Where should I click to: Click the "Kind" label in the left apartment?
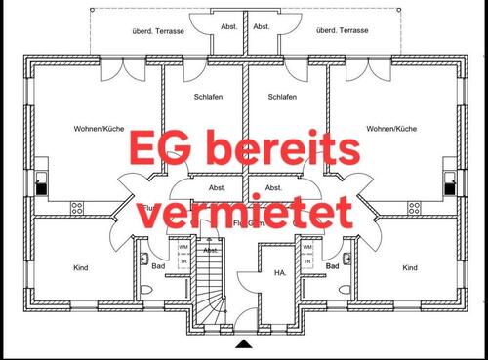[81, 267]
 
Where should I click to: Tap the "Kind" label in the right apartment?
[410, 267]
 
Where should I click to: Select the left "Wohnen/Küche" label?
[96, 129]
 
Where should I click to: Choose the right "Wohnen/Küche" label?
[392, 129]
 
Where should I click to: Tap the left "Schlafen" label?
[208, 97]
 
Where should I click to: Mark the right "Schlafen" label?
[281, 97]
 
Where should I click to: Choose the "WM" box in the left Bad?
[183, 247]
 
